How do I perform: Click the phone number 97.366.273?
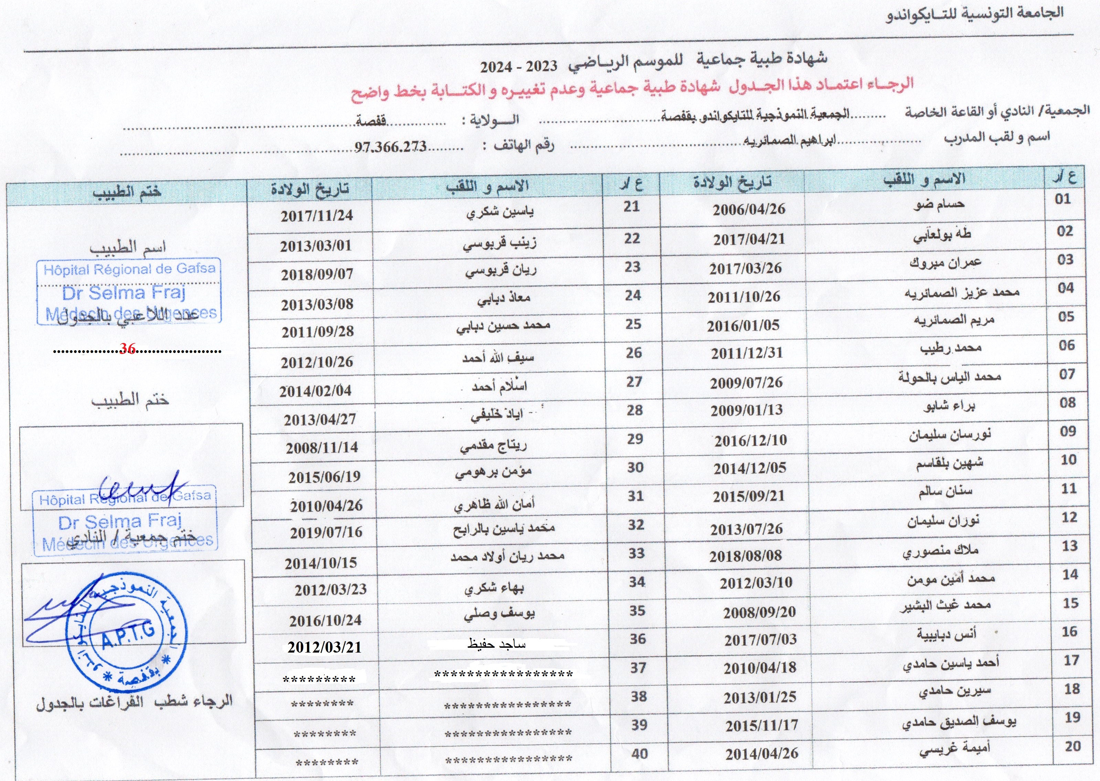[x=390, y=146]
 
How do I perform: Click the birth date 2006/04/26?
[x=749, y=209]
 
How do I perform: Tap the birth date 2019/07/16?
[x=326, y=532]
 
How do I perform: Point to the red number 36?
[x=128, y=348]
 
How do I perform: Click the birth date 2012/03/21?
[x=324, y=647]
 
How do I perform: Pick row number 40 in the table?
[x=639, y=753]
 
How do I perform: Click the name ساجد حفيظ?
[x=496, y=644]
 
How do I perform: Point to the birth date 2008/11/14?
[x=322, y=448]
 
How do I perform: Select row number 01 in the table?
[x=1062, y=199]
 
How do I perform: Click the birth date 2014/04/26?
[x=762, y=753]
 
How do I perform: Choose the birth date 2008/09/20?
[x=759, y=612]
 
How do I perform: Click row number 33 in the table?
[x=636, y=553]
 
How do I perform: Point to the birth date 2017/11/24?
[x=317, y=216]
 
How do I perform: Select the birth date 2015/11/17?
[x=762, y=725]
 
